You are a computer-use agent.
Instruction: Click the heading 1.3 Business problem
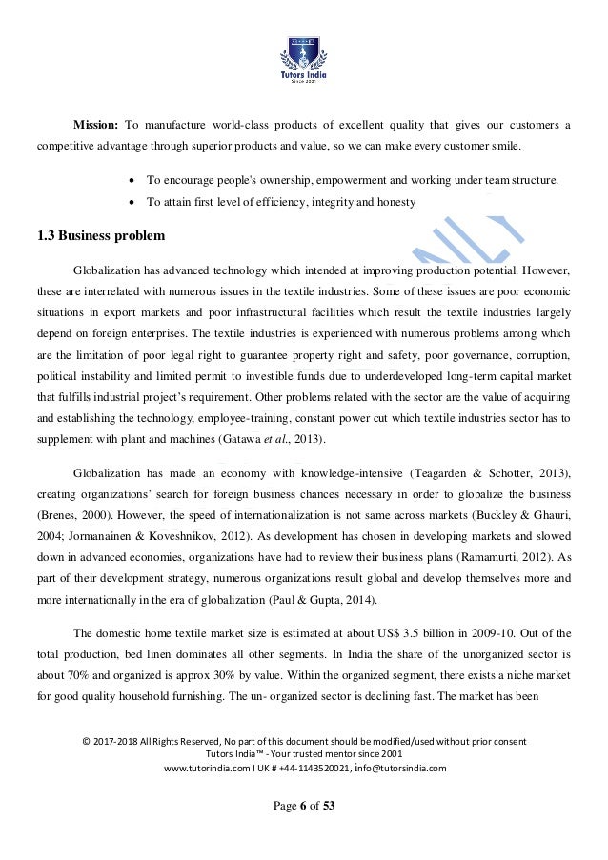pos(101,235)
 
